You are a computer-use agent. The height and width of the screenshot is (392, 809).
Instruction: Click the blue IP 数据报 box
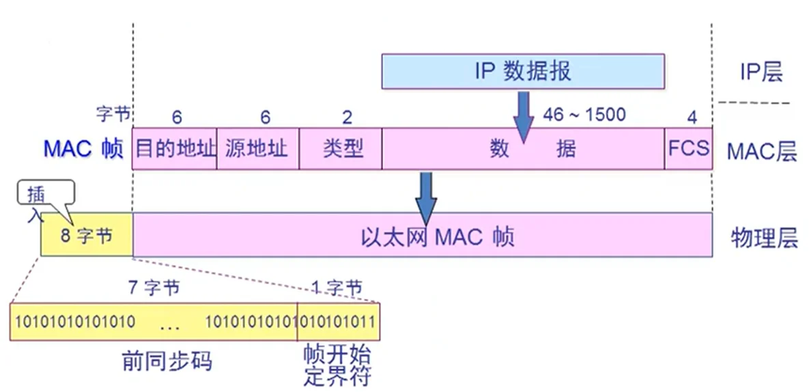[522, 71]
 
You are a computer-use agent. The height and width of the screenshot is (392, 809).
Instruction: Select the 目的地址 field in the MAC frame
[175, 148]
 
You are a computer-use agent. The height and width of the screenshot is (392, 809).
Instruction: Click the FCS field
[688, 148]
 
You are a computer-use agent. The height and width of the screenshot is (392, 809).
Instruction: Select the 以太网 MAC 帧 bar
[422, 236]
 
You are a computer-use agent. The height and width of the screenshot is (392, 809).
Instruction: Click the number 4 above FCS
[692, 117]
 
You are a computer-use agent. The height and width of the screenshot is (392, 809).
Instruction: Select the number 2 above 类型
[347, 117]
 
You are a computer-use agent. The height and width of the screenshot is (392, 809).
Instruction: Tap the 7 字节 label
[154, 288]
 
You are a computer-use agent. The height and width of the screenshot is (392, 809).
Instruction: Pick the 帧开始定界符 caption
[337, 366]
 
